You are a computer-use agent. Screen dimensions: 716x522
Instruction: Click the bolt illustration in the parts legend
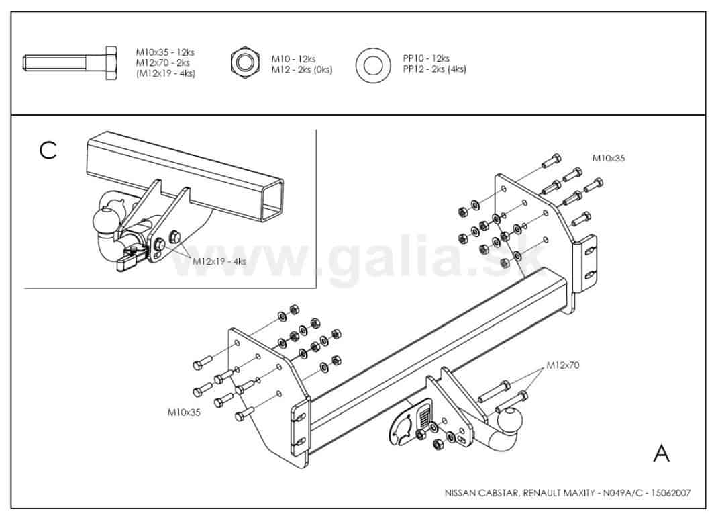point(70,63)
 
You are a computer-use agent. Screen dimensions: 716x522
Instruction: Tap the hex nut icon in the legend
point(245,62)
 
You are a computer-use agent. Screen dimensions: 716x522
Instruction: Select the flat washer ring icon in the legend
point(373,64)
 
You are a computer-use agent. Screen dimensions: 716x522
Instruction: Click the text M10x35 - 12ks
point(165,52)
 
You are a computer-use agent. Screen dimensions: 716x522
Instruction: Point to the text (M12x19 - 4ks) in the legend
point(165,73)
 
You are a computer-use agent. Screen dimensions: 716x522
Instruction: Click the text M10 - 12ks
point(293,59)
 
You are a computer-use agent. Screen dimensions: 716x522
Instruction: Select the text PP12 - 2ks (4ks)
point(434,69)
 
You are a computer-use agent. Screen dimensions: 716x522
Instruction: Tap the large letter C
point(48,150)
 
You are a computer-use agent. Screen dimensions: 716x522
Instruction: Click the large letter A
point(661,453)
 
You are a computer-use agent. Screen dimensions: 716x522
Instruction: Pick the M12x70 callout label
point(562,365)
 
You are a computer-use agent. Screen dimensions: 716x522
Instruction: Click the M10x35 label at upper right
point(608,158)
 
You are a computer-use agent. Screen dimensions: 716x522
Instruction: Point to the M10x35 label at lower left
point(184,412)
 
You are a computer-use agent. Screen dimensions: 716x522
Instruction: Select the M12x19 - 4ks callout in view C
point(219,261)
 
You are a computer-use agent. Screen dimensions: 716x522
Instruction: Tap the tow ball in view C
point(105,220)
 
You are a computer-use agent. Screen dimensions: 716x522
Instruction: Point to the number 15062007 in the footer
point(670,493)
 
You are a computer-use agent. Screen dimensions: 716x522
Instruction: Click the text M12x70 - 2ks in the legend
point(162,63)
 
